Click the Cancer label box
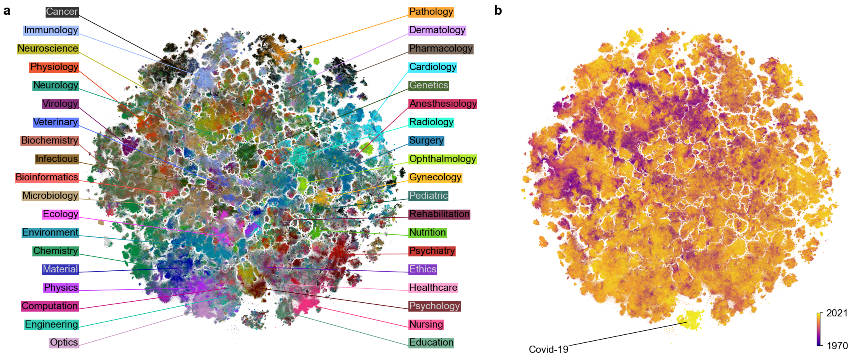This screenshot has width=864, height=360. [x=62, y=12]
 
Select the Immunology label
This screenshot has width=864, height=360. [x=51, y=30]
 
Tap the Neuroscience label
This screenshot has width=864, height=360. [x=48, y=48]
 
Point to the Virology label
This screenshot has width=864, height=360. [x=60, y=104]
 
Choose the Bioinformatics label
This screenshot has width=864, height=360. [x=46, y=177]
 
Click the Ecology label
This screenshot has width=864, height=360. [x=60, y=214]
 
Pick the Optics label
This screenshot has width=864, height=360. [x=64, y=342]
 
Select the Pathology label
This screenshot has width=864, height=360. [x=431, y=12]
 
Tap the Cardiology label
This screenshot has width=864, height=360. [x=432, y=67]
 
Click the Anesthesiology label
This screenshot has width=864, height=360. [x=443, y=104]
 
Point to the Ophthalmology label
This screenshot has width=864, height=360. [x=442, y=159]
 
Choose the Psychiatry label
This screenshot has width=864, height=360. [x=432, y=251]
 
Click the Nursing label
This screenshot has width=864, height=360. [x=426, y=324]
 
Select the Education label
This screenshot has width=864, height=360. [x=431, y=342]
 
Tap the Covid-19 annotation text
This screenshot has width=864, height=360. [x=548, y=350]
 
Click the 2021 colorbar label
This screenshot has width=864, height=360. [x=837, y=313]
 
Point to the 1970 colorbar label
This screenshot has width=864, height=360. [x=837, y=346]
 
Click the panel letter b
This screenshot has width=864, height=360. [x=498, y=11]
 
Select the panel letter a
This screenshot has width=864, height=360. [x=7, y=11]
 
